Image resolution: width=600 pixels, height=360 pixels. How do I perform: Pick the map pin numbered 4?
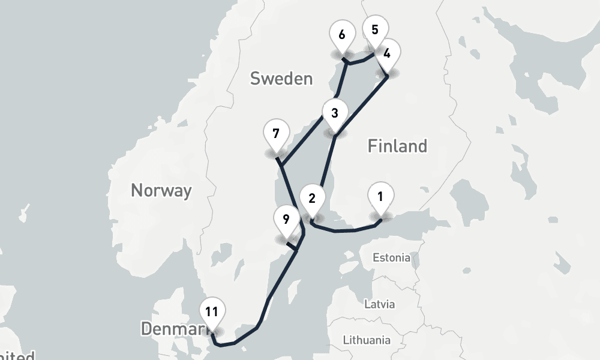[x=387, y=54]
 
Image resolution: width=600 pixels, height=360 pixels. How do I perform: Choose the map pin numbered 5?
[x=375, y=31]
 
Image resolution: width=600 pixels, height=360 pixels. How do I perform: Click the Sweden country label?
[x=281, y=79]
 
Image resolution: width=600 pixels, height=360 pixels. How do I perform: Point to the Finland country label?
[x=397, y=146]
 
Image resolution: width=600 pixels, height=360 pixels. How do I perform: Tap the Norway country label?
[x=161, y=191]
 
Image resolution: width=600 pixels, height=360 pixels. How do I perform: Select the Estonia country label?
[x=392, y=258]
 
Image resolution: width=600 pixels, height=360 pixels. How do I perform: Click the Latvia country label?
[x=380, y=304]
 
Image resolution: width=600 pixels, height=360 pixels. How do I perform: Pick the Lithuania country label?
[x=366, y=340]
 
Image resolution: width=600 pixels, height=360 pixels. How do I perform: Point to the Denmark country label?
[x=172, y=329]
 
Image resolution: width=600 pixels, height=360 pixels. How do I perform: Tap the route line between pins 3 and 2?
[x=328, y=162]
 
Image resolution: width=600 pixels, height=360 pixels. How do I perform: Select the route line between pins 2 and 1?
[x=345, y=230]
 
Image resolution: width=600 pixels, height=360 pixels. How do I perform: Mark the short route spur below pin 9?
[x=292, y=246]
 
